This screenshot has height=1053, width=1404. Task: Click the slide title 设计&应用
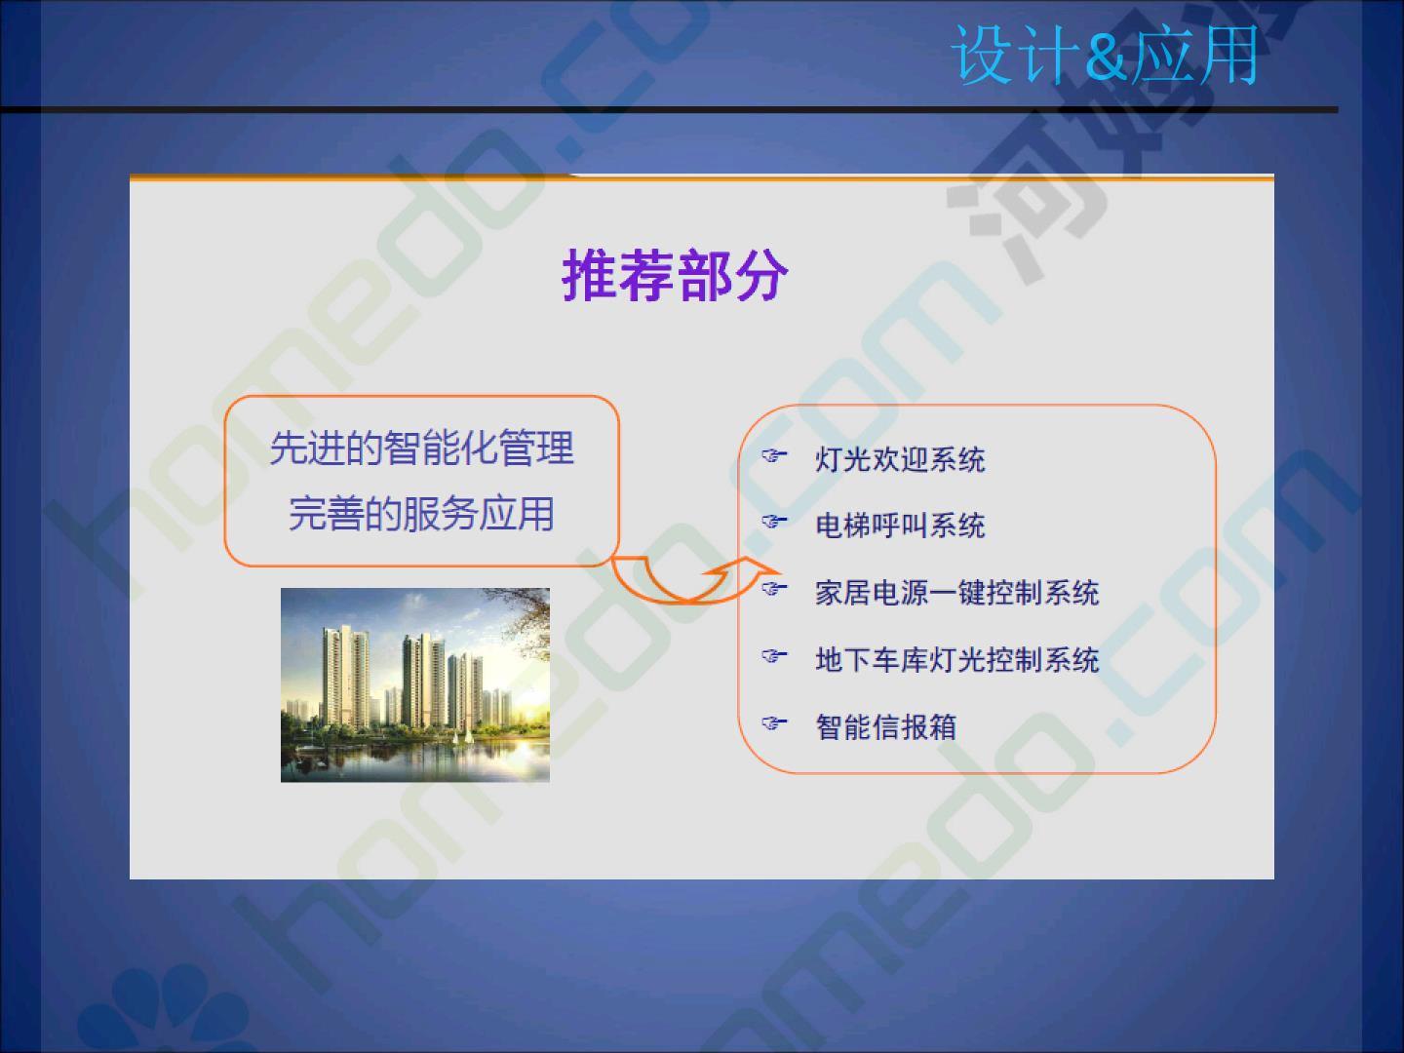(1105, 55)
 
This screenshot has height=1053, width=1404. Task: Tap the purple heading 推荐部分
(675, 275)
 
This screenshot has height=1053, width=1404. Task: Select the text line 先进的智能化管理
(421, 448)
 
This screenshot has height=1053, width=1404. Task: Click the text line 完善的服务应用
(421, 514)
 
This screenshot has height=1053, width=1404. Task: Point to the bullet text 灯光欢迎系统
(900, 459)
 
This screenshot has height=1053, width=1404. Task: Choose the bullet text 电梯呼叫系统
(900, 526)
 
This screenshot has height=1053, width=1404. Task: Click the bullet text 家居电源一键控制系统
(956, 593)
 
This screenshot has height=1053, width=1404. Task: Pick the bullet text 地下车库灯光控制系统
(956, 660)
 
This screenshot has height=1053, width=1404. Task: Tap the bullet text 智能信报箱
(886, 727)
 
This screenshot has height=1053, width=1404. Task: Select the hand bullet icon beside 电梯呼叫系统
(773, 522)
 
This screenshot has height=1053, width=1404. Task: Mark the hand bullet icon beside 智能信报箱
(773, 723)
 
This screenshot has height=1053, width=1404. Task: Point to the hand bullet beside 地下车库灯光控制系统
(773, 656)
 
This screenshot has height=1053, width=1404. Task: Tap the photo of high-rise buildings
(415, 684)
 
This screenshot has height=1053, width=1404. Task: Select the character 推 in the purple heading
(589, 275)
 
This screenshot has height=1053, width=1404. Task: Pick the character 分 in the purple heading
(761, 275)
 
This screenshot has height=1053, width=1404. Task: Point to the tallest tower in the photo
(344, 679)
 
